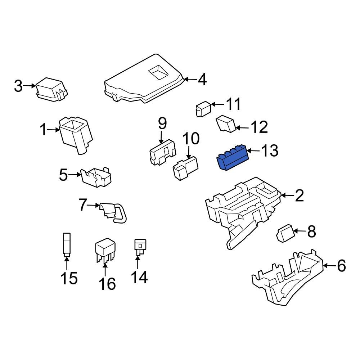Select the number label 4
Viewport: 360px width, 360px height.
[x=202, y=80]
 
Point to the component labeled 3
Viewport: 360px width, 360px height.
[x=51, y=89]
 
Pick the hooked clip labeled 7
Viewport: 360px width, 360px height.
[x=113, y=212]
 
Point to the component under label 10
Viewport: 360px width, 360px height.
[x=186, y=167]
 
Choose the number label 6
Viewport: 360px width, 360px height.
[x=341, y=266]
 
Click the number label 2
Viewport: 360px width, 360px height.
[x=299, y=196]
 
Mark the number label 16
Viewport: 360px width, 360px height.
[x=107, y=284]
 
